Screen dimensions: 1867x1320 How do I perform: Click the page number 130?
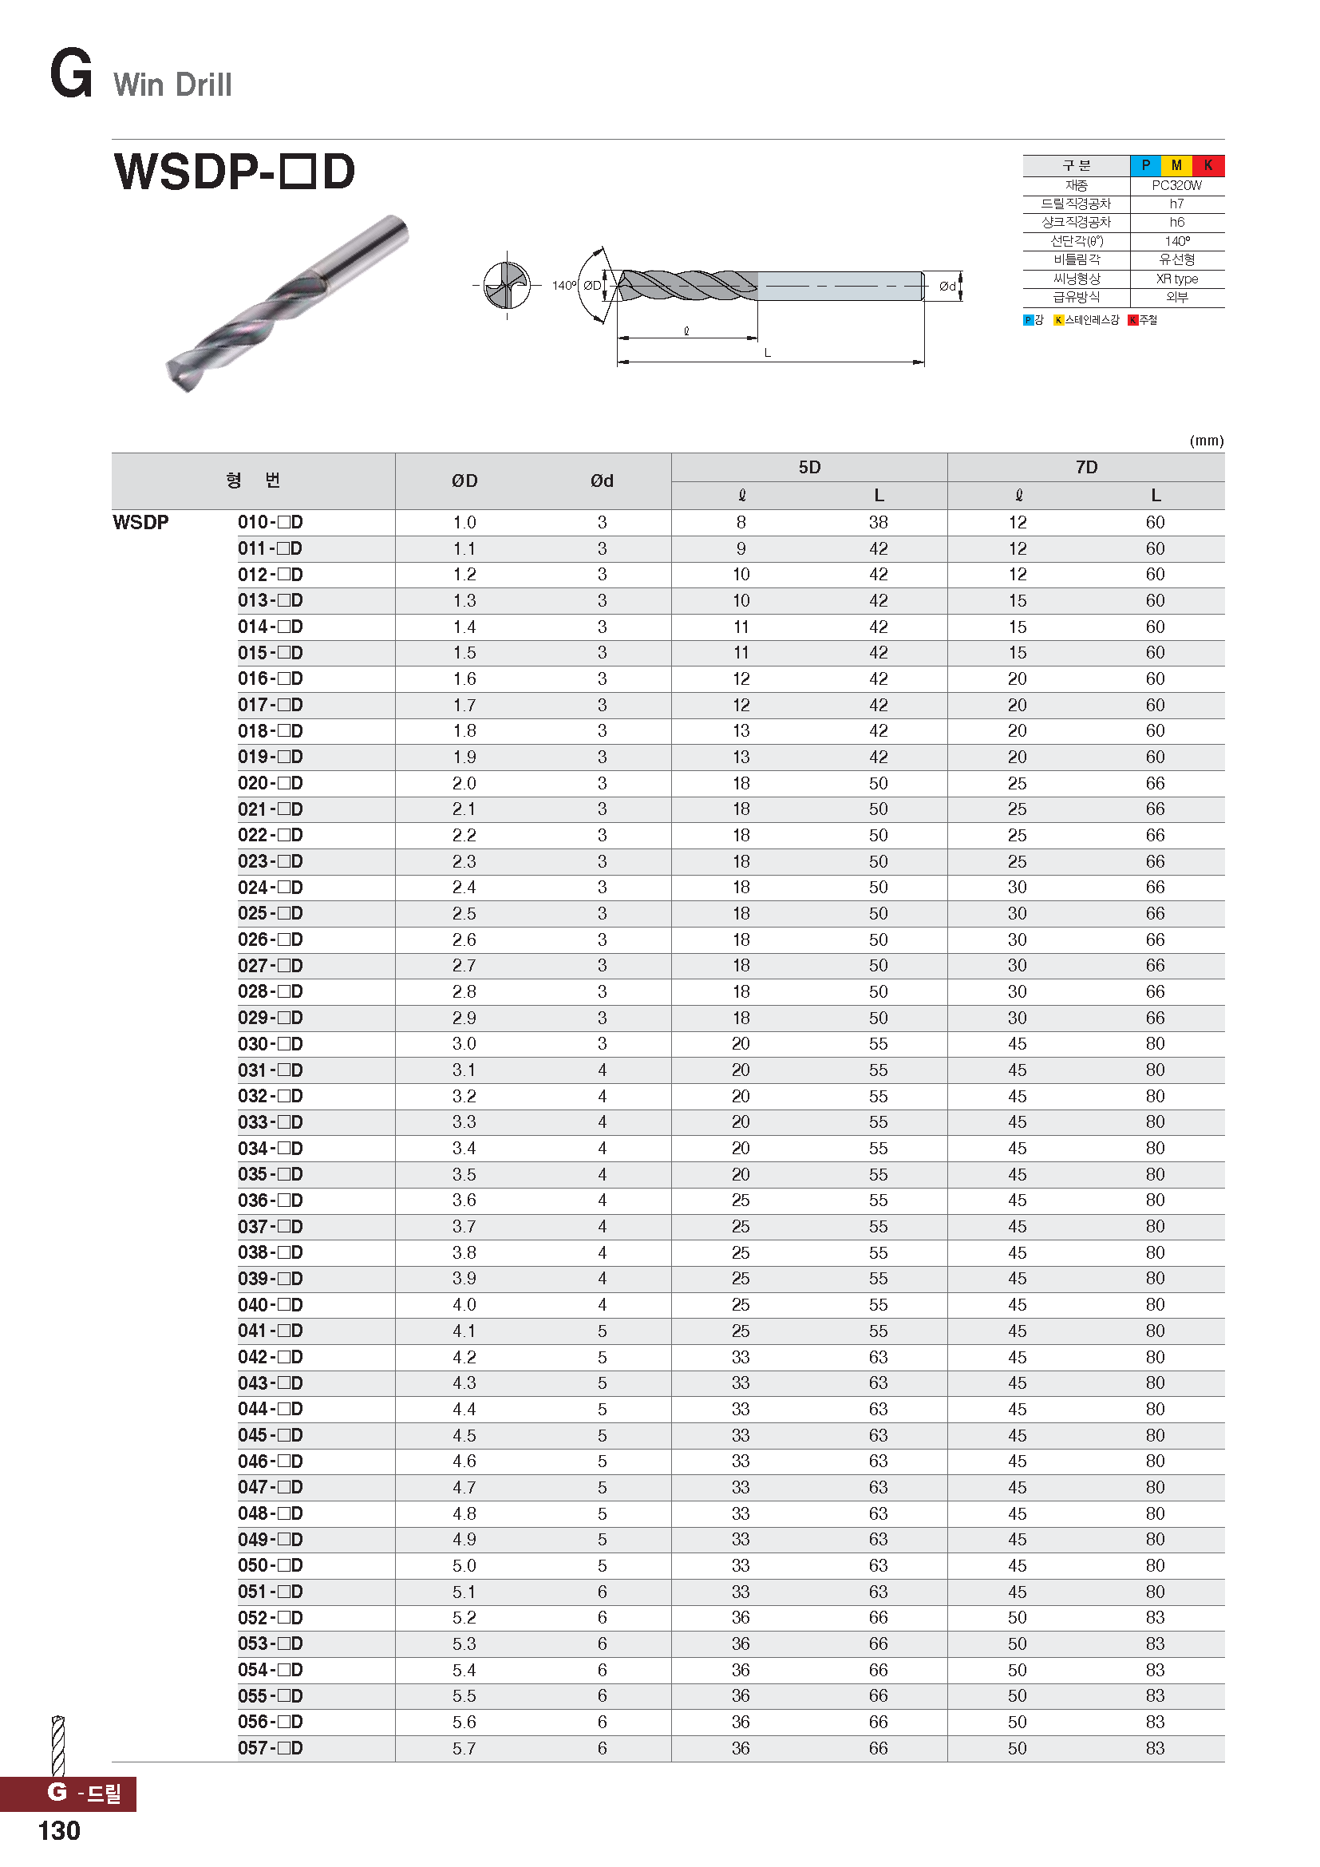tap(58, 1830)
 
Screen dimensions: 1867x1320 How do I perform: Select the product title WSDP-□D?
tap(234, 172)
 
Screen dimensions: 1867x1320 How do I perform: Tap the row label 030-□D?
tap(270, 1043)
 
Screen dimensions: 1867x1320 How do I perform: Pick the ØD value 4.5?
tap(464, 1435)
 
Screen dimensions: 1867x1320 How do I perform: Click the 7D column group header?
tap(1086, 467)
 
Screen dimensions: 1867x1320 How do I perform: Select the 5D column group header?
tap(808, 467)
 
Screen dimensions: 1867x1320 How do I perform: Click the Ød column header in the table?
tap(602, 481)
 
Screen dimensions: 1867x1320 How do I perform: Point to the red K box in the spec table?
tap(1207, 165)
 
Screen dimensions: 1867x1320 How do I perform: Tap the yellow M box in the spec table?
tap(1176, 165)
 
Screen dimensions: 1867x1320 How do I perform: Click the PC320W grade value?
tap(1176, 185)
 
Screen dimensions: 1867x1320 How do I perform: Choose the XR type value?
tap(1176, 279)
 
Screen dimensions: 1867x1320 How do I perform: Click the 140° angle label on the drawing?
tap(563, 286)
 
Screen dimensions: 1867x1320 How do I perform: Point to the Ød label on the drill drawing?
tap(947, 287)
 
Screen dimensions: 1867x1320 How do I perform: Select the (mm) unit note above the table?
tap(1206, 441)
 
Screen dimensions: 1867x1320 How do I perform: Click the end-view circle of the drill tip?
tap(507, 286)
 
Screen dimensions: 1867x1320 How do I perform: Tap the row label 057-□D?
tap(270, 1747)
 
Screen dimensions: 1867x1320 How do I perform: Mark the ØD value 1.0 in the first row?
tap(464, 522)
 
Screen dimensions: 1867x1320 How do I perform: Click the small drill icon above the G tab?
tap(57, 1745)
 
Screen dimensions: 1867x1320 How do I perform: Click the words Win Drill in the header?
tap(172, 85)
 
